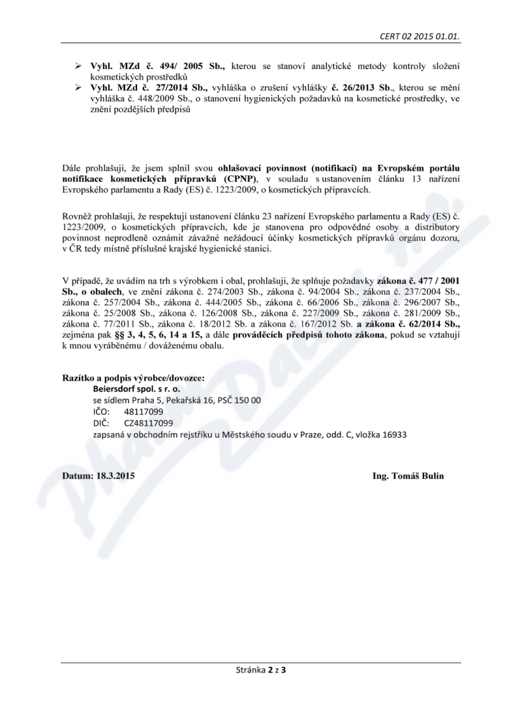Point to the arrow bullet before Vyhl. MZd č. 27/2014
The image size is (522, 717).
coord(78,87)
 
